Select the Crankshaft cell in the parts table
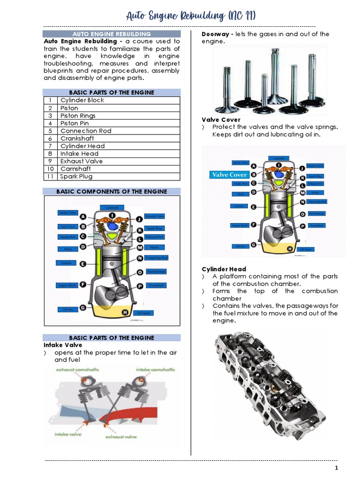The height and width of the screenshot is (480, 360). tap(77, 138)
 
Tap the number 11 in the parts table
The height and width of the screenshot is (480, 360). tap(49, 176)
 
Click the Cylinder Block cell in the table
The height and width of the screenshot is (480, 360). tap(82, 100)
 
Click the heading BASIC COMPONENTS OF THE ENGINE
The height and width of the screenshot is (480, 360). tap(112, 192)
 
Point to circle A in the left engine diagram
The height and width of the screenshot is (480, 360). tap(83, 217)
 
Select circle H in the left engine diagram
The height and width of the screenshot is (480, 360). tap(125, 312)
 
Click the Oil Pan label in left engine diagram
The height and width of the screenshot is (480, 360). tap(65, 309)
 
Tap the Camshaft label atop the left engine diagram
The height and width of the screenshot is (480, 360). tap(112, 207)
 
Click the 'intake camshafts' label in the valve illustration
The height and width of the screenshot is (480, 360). tap(156, 370)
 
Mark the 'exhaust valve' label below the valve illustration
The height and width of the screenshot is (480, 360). tap(121, 436)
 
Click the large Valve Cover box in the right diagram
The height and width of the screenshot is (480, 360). tap(229, 175)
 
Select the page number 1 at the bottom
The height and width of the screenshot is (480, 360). tap(336, 468)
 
